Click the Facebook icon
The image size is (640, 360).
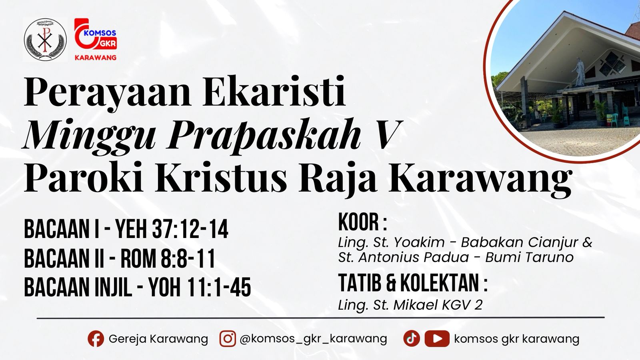click(96, 339)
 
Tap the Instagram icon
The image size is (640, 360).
click(227, 339)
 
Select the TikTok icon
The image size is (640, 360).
click(411, 339)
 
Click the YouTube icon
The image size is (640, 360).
click(437, 339)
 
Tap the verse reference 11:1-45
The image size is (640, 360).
click(220, 287)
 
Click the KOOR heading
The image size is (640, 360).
click(362, 222)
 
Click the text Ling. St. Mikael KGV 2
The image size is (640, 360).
click(410, 305)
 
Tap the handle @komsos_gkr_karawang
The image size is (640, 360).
click(313, 339)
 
